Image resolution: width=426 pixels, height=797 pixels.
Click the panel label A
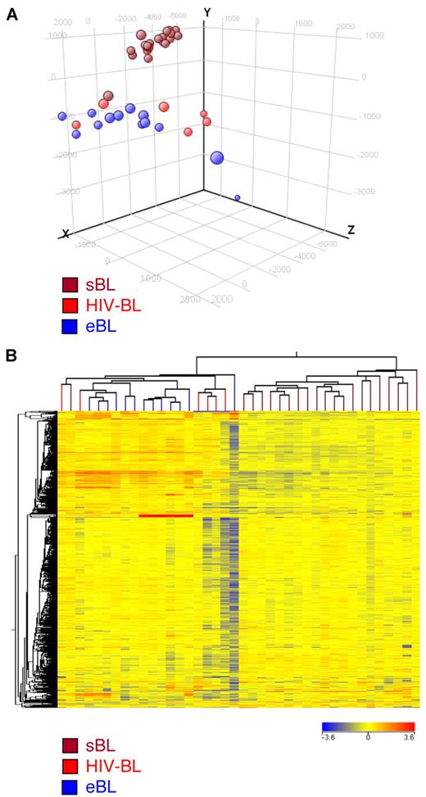(x=11, y=16)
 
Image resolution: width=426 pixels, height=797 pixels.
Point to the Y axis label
(x=208, y=13)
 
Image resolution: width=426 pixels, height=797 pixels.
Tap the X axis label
(x=66, y=234)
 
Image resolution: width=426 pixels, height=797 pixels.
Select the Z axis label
(x=351, y=230)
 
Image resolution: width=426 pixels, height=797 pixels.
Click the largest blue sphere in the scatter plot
(x=217, y=159)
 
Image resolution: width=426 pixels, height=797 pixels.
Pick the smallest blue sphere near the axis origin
(x=238, y=197)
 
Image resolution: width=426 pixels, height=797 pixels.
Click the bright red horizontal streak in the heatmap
(x=166, y=515)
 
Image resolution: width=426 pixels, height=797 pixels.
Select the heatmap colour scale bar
(x=368, y=726)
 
